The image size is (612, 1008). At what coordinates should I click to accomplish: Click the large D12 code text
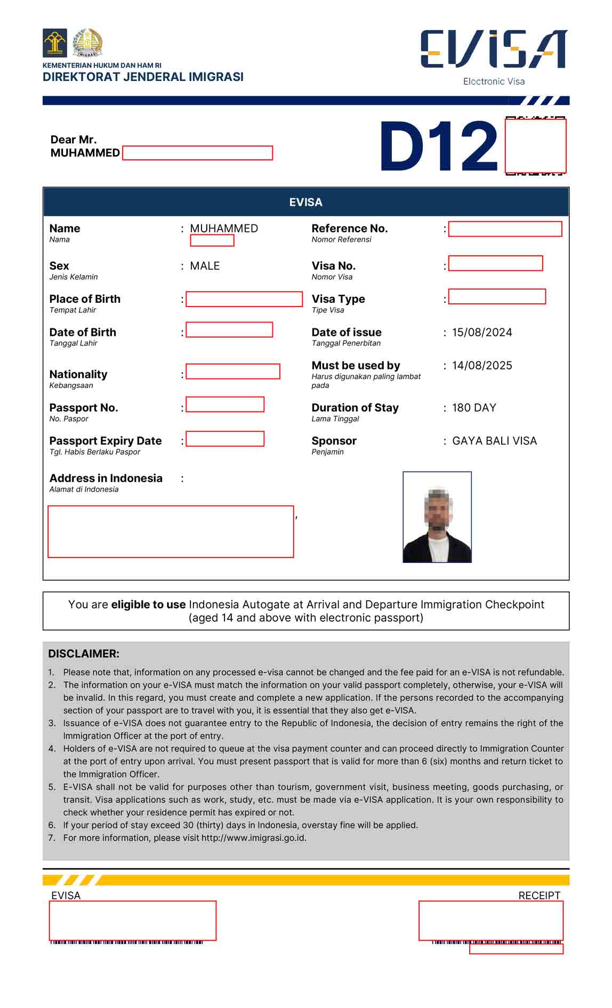(x=438, y=147)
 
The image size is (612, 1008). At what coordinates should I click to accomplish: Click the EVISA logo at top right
(x=493, y=49)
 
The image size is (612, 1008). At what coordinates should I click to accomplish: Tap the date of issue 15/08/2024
(x=482, y=332)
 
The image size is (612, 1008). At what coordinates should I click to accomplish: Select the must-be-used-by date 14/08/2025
(x=482, y=365)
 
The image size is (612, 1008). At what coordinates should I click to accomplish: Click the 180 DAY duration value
(x=474, y=408)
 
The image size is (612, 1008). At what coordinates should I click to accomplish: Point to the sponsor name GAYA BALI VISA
(x=494, y=441)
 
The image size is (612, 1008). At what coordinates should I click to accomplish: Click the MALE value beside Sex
(x=205, y=265)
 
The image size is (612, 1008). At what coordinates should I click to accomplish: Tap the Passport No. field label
(x=84, y=408)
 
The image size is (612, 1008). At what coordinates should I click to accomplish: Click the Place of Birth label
(x=85, y=299)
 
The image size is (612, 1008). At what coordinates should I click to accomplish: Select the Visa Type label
(x=338, y=299)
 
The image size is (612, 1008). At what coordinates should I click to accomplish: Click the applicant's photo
(x=437, y=517)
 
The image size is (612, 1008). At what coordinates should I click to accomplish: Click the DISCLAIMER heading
(x=84, y=654)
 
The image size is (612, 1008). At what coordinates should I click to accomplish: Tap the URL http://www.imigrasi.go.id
(x=253, y=837)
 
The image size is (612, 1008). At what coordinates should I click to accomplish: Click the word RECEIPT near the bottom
(x=539, y=896)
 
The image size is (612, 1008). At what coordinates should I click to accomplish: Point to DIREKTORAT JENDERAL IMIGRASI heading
(x=143, y=77)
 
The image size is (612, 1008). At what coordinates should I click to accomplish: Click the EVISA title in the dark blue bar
(x=305, y=202)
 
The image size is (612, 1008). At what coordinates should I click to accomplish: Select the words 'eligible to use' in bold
(x=148, y=604)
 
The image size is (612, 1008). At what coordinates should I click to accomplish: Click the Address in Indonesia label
(x=106, y=478)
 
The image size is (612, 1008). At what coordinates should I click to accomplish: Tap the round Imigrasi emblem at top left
(x=87, y=43)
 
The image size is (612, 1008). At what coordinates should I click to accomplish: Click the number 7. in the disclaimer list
(x=52, y=837)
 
